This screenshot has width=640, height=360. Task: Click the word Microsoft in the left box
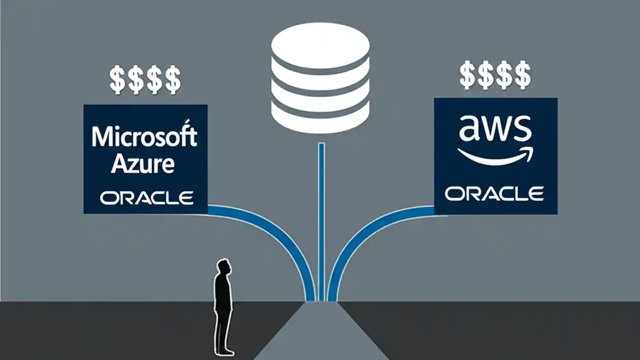144,136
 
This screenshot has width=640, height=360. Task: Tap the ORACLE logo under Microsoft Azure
146,197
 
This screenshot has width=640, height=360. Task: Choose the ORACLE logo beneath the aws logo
494,193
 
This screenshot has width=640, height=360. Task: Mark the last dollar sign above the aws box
523,75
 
